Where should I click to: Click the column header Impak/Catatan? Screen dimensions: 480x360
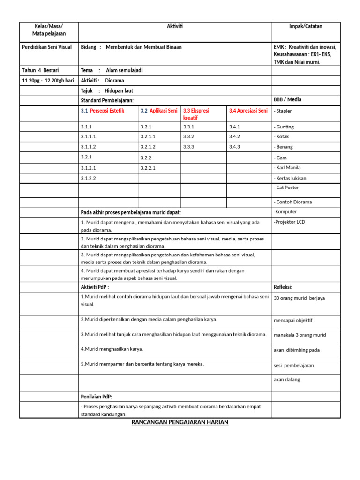(x=306, y=26)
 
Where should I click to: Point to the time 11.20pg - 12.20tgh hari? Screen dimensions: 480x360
(x=48, y=80)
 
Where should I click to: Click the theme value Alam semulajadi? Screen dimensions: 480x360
(x=124, y=70)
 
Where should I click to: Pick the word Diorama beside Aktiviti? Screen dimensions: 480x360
(x=114, y=80)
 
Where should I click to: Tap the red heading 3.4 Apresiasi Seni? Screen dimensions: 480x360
(x=248, y=111)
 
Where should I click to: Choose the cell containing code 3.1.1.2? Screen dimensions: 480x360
(x=89, y=147)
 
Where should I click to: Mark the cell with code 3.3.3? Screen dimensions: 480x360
(x=188, y=147)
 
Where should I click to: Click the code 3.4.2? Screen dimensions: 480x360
(x=234, y=136)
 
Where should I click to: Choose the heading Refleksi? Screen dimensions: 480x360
(x=283, y=287)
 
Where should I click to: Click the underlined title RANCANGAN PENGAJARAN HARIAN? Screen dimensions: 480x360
(x=180, y=422)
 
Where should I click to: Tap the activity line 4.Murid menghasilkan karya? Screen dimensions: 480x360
(x=112, y=349)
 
